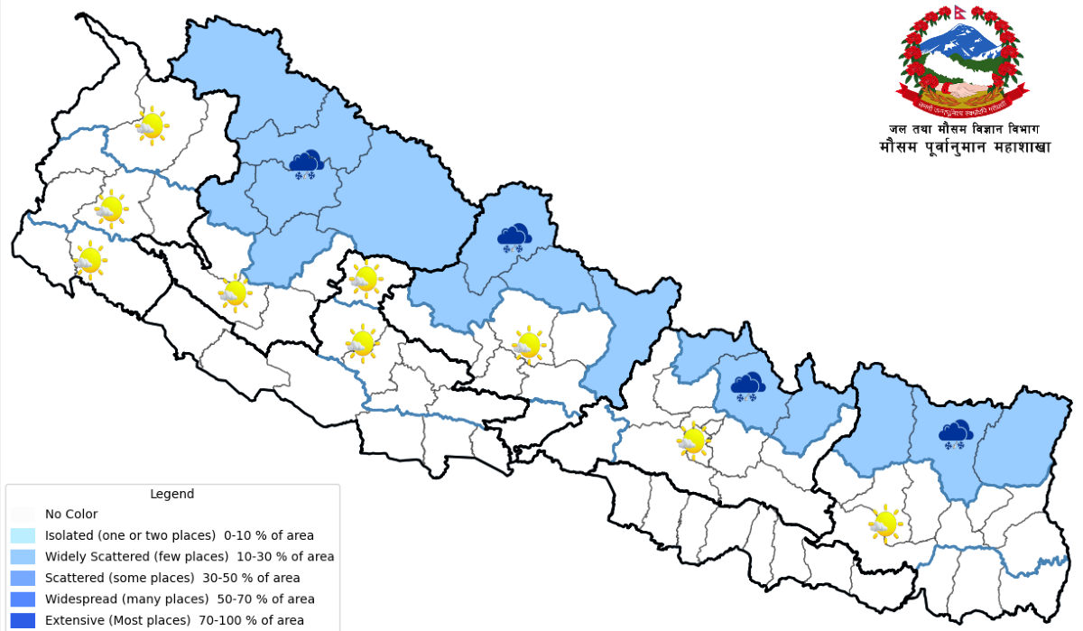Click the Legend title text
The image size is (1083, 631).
(171, 494)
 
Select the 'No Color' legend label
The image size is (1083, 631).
(71, 515)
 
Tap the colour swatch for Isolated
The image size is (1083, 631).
(23, 535)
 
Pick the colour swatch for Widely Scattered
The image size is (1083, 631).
(23, 556)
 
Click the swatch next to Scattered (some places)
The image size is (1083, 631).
(23, 578)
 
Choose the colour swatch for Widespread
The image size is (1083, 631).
(23, 599)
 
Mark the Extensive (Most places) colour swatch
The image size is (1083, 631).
(23, 620)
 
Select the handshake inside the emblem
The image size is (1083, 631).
(962, 89)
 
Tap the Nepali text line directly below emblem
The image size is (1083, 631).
(962, 129)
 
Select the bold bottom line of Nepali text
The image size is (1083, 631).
(965, 147)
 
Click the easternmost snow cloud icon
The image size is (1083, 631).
(955, 434)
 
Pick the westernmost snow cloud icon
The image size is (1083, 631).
(306, 163)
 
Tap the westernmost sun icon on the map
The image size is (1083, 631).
(89, 259)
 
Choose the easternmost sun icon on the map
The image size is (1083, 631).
(884, 523)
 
